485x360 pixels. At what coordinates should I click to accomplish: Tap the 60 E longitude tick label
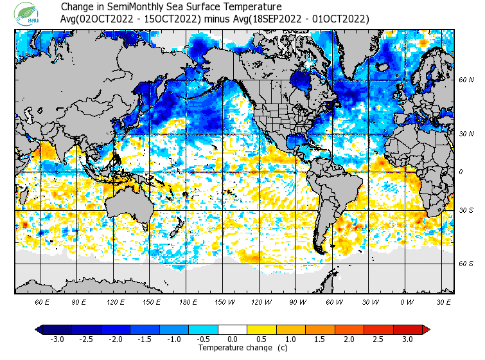(42, 301)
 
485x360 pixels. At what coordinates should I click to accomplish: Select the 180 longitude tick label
(188, 301)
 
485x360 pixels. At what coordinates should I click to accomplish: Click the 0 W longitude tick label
(407, 301)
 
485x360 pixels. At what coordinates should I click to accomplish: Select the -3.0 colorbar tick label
(57, 339)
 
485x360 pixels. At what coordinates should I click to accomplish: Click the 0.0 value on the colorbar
(233, 339)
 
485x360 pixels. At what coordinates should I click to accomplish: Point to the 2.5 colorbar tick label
(378, 339)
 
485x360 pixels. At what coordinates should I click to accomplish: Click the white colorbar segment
(233, 329)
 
